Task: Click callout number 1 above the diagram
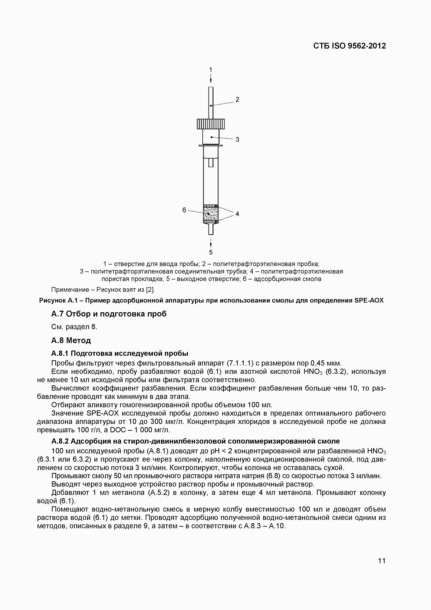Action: point(211,70)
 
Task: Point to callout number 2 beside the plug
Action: point(237,99)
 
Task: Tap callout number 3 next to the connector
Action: point(237,139)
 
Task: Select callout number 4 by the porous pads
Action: point(237,214)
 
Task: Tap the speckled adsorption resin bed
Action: point(211,214)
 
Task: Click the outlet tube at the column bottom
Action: point(211,229)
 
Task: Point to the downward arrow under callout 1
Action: point(211,79)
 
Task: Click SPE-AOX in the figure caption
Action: point(369,300)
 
